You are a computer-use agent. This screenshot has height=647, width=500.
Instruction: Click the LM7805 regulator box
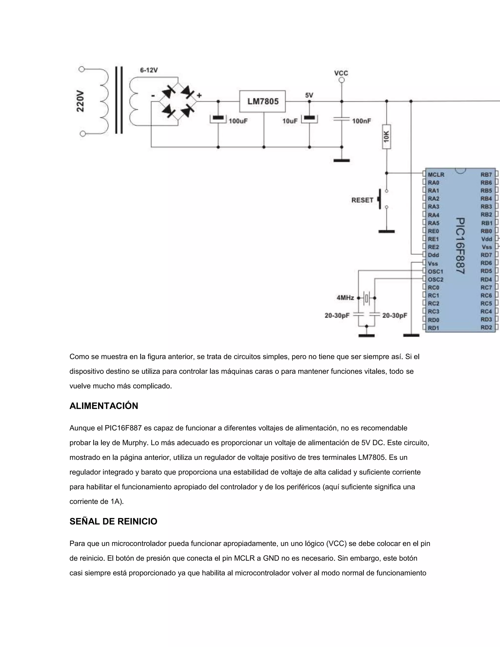(x=262, y=101)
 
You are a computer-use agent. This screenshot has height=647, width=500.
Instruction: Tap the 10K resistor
(x=386, y=136)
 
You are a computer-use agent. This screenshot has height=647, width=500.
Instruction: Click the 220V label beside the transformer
(x=80, y=101)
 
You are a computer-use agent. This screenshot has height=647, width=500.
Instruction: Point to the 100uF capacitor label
(x=238, y=121)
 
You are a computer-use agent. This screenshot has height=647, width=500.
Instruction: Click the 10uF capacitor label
(x=290, y=121)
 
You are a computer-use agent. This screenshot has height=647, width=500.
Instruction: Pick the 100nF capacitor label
(x=361, y=121)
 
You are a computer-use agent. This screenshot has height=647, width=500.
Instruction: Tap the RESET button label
(x=362, y=200)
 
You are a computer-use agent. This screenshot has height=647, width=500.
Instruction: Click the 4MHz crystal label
(x=345, y=298)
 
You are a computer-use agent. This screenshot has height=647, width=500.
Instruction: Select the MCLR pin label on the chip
(x=436, y=175)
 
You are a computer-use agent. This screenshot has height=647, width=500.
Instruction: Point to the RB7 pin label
(x=486, y=175)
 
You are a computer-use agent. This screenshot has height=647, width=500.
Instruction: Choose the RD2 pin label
(x=486, y=328)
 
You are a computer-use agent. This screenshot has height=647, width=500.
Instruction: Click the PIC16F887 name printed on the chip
(x=460, y=246)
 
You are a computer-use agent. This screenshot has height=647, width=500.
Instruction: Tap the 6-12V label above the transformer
(x=149, y=70)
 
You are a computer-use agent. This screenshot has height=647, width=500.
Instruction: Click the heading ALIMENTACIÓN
(x=104, y=406)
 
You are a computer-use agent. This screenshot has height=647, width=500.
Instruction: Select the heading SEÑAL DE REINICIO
(x=113, y=522)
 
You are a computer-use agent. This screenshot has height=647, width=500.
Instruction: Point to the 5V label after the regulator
(x=309, y=95)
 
